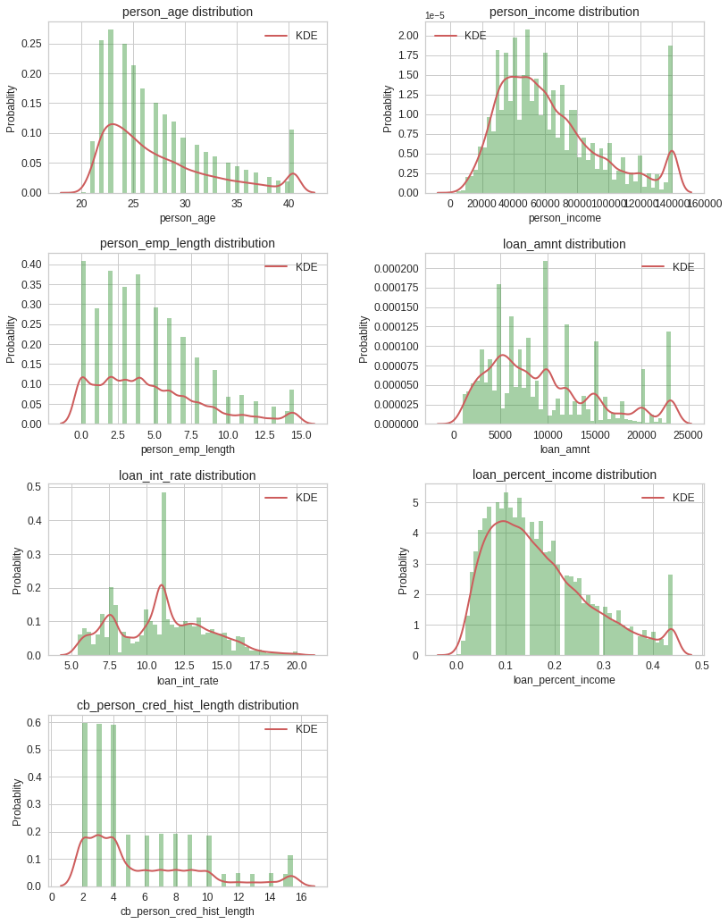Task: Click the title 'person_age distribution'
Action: point(188,12)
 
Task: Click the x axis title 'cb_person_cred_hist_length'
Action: point(188,911)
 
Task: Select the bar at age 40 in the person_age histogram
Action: point(291,162)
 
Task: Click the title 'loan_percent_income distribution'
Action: point(565,475)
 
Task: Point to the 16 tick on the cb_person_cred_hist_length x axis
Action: point(301,897)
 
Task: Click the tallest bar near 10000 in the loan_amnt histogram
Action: point(546,343)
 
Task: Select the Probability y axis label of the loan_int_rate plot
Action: point(17,570)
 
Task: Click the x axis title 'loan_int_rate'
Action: point(188,681)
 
